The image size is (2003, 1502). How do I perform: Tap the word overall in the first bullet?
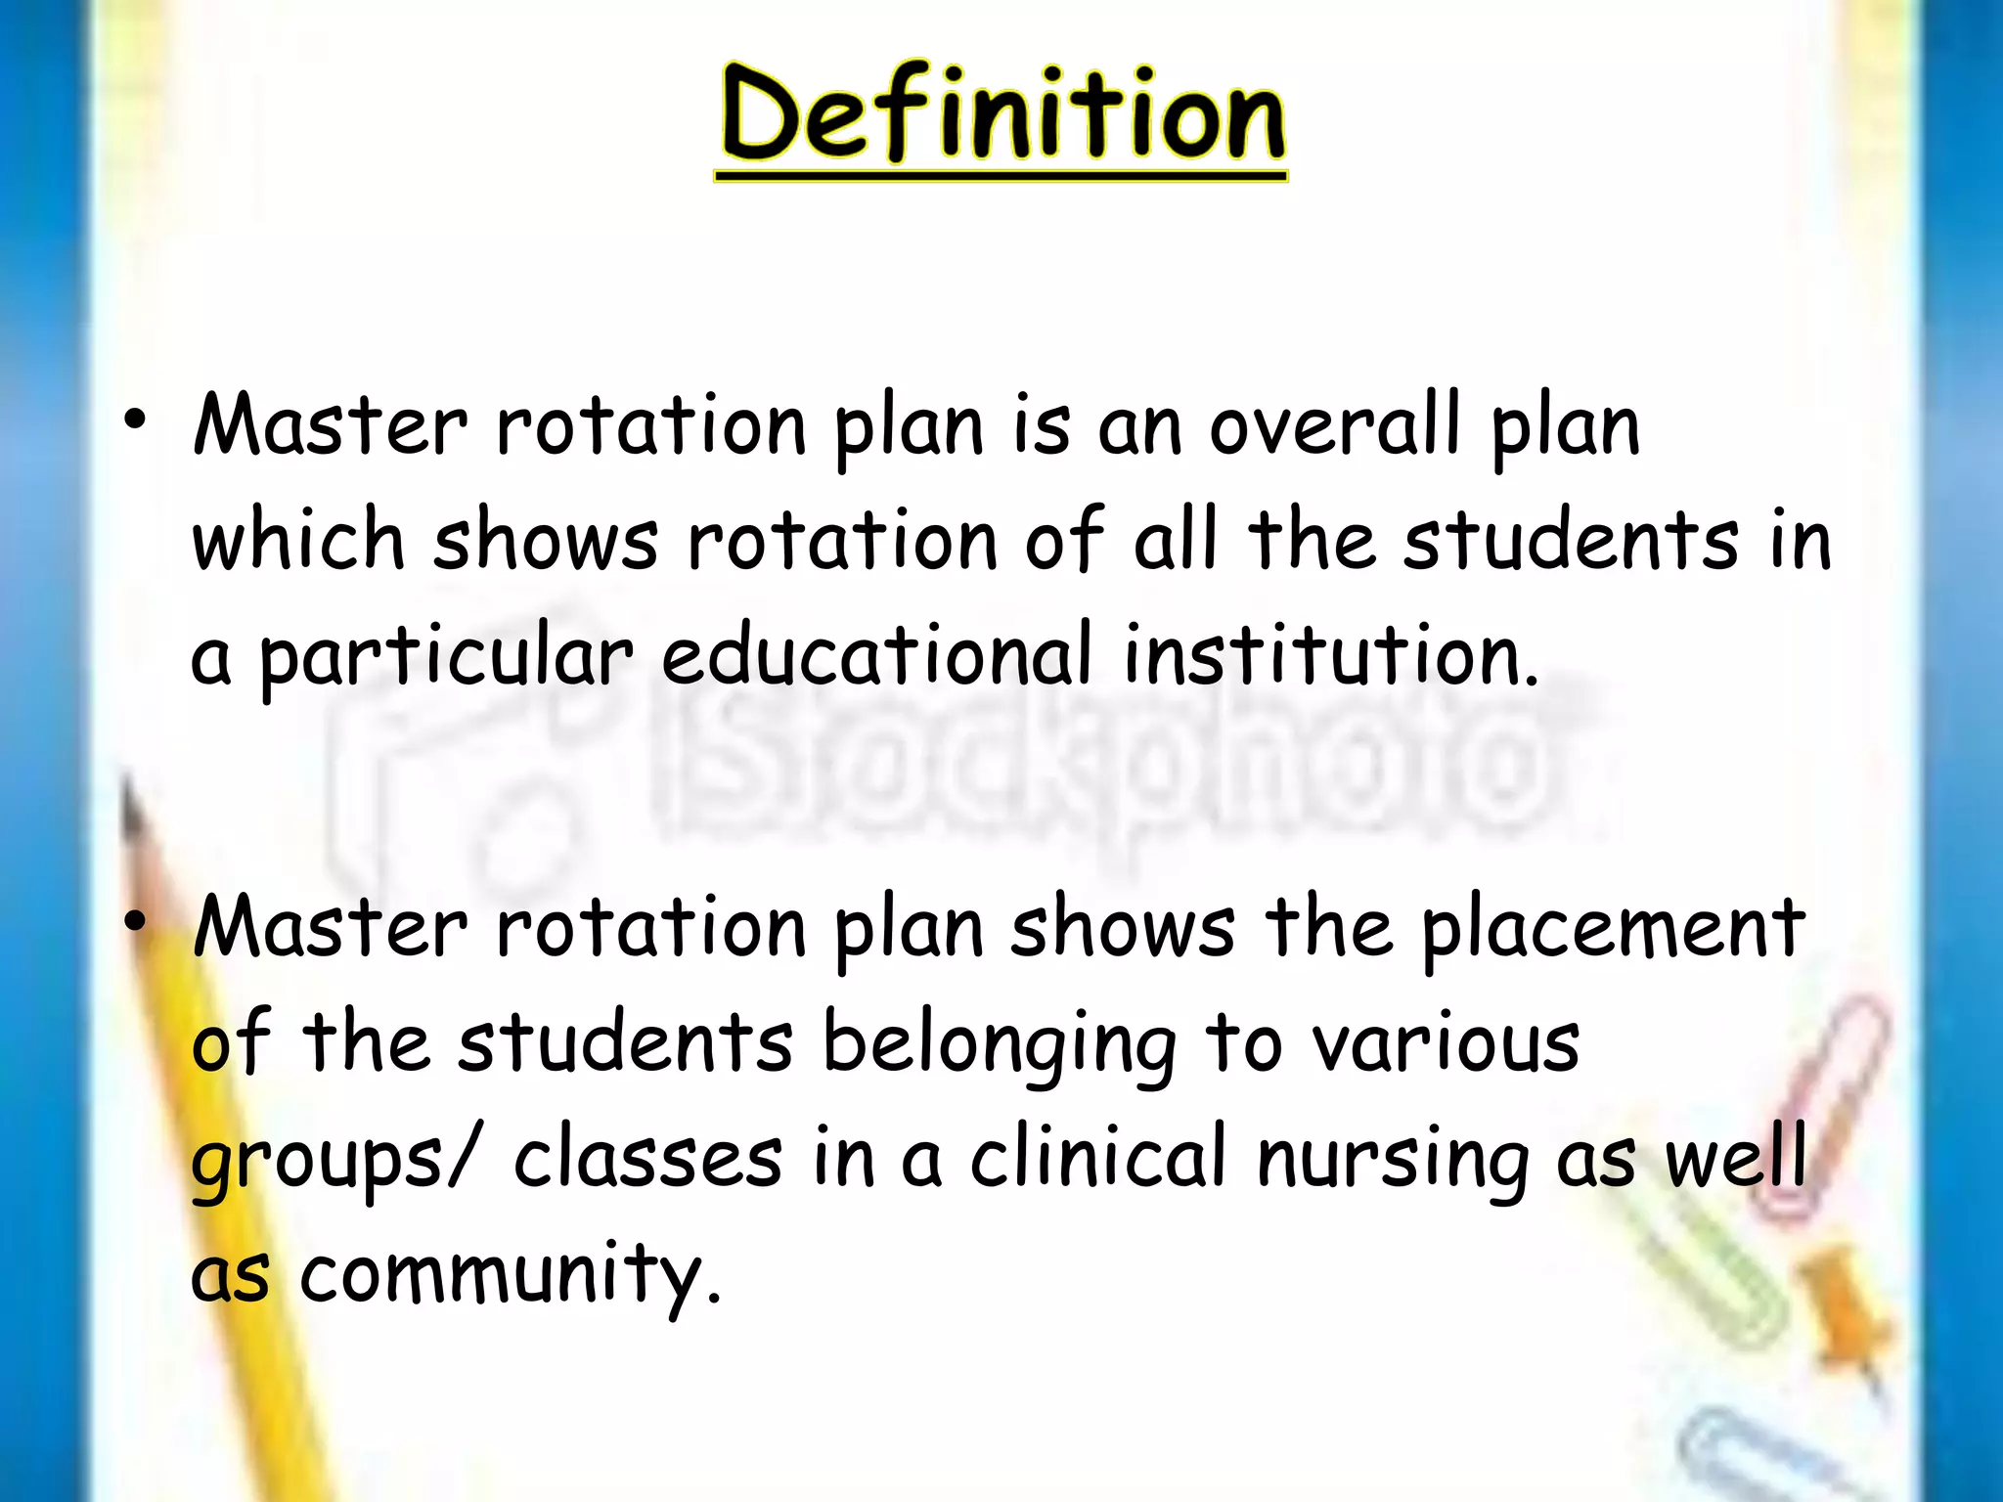pos(1336,427)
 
